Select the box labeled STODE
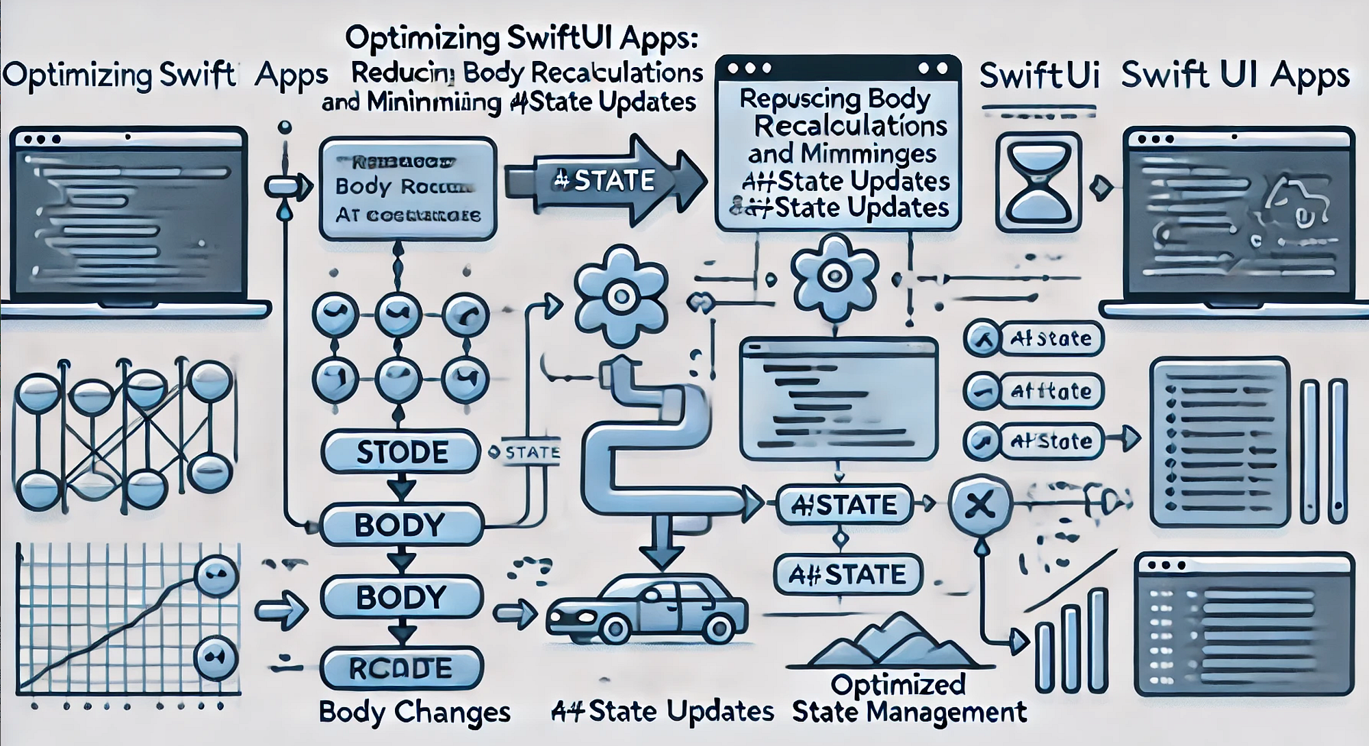[401, 452]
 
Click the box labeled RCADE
[401, 668]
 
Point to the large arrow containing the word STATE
[606, 181]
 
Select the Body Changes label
[415, 712]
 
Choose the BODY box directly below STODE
[401, 525]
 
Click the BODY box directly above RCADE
[401, 597]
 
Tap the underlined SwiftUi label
[1039, 77]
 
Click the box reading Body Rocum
[408, 188]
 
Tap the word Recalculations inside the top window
[851, 126]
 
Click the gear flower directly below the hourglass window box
[834, 277]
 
